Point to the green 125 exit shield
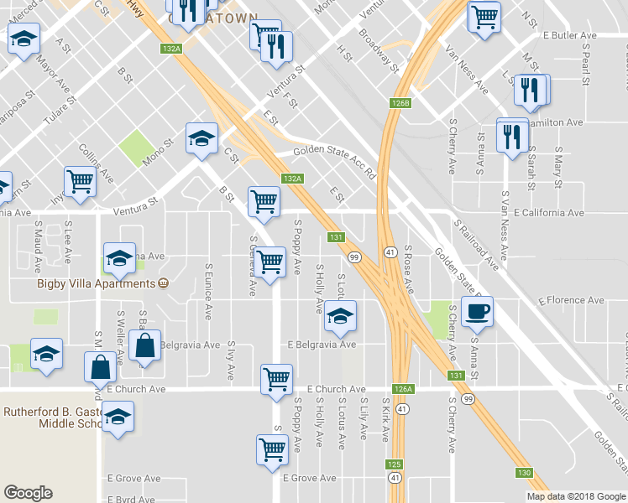pos(395,464)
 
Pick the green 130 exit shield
pos(525,473)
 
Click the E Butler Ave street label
pos(569,36)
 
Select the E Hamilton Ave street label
pos(561,122)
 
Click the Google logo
pos(28,493)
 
